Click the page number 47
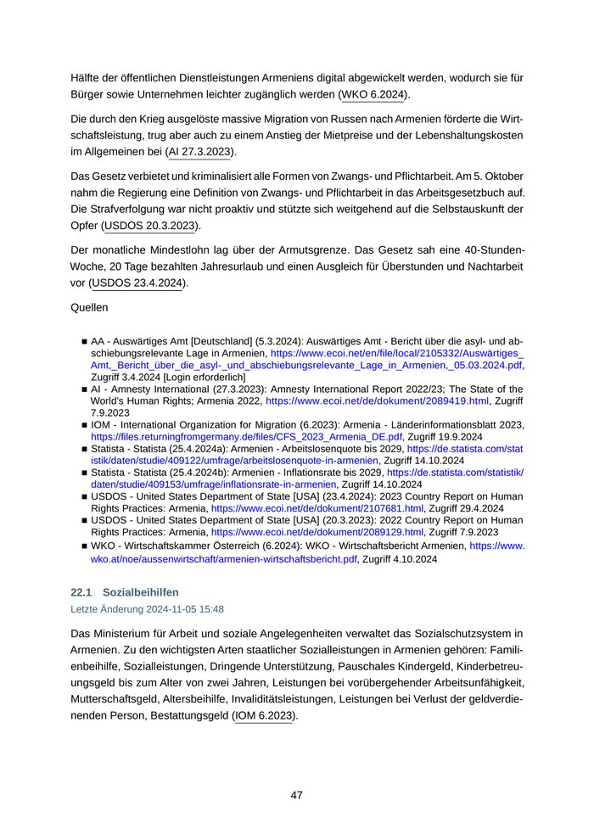[296, 795]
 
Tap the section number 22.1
[81, 591]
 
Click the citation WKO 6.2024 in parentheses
[374, 94]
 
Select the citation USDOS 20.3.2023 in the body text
[151, 227]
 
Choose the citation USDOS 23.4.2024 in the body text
[137, 283]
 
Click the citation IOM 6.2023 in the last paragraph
[263, 715]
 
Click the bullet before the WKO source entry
[84, 547]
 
